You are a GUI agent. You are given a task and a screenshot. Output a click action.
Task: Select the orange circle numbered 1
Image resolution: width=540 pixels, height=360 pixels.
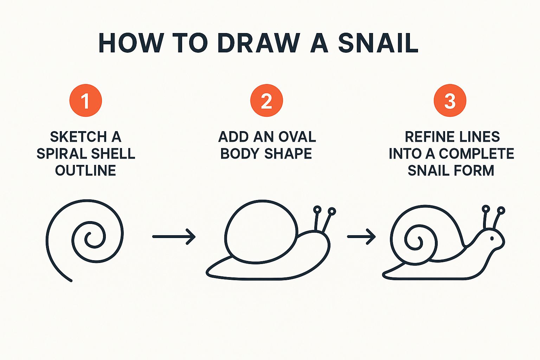tap(85, 100)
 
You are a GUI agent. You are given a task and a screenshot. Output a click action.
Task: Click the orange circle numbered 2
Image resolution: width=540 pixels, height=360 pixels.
tap(266, 100)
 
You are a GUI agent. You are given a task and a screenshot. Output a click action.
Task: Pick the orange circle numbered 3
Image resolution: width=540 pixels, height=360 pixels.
tap(450, 100)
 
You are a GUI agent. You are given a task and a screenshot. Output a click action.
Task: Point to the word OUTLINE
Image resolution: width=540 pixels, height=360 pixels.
tap(85, 170)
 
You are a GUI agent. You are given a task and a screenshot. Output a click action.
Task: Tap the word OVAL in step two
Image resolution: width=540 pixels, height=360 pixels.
tap(297, 137)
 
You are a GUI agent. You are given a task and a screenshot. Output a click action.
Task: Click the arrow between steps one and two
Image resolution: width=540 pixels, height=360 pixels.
tap(174, 237)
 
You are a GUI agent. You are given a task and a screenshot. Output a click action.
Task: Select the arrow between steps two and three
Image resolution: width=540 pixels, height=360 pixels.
tap(361, 237)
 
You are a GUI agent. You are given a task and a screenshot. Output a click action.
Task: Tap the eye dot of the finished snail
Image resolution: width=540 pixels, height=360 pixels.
tap(492, 238)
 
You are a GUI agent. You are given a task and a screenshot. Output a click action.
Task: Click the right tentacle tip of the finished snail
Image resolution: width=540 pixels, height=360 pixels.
tap(501, 211)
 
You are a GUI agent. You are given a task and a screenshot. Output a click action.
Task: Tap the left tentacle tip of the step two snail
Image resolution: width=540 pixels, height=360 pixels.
tap(317, 210)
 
